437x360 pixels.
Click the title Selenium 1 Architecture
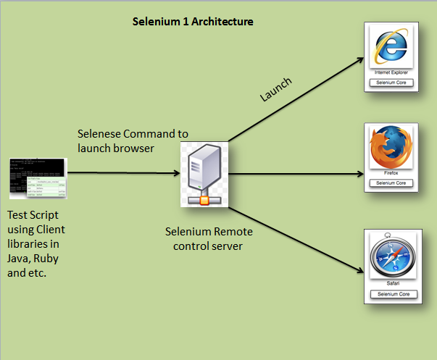click(x=193, y=22)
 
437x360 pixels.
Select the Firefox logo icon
click(x=392, y=148)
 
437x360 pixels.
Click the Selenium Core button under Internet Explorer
click(x=392, y=83)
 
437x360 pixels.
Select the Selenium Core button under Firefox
click(x=392, y=183)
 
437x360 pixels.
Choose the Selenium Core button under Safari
click(x=392, y=294)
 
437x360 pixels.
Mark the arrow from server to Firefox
click(x=297, y=174)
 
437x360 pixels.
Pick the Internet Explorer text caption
click(x=392, y=73)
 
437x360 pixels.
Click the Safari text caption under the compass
click(x=392, y=285)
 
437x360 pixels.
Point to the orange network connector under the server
click(x=204, y=201)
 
